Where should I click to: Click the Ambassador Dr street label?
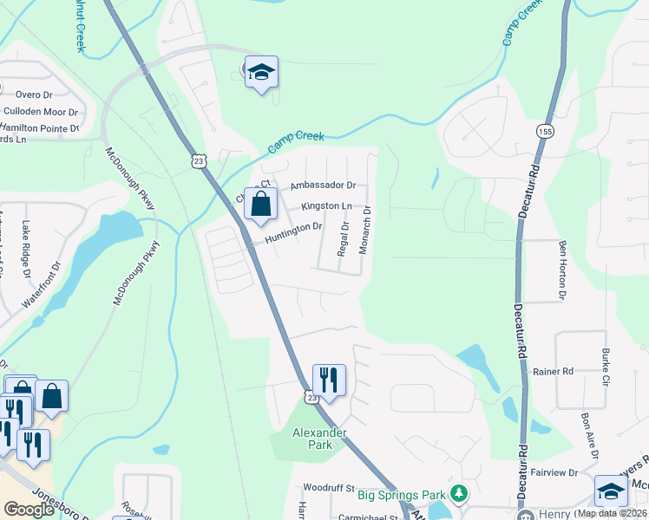tap(323, 185)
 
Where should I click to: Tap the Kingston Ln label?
tap(326, 206)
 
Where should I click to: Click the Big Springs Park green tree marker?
tap(459, 494)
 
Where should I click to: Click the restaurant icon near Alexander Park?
tap(329, 379)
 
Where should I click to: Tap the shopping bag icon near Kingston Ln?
tap(260, 205)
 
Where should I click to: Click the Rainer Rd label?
tap(554, 371)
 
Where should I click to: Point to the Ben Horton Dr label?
tap(562, 270)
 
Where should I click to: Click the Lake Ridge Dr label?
tap(26, 248)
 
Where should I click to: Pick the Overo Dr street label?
tap(35, 95)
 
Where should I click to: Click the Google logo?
tap(29, 510)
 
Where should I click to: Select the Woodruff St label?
tap(328, 489)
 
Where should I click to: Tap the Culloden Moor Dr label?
tap(40, 112)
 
